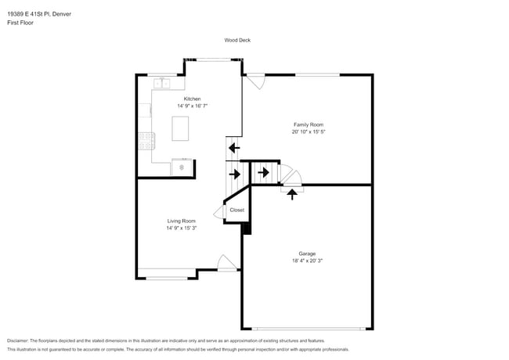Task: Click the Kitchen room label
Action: (x=192, y=99)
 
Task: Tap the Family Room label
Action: (x=309, y=124)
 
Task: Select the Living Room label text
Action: (x=182, y=221)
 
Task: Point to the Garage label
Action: (x=307, y=254)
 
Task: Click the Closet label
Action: (x=237, y=210)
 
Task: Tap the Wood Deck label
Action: (x=237, y=40)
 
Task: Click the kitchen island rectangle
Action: (x=180, y=128)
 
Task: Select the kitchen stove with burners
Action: (x=146, y=141)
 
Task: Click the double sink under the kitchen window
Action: (x=161, y=84)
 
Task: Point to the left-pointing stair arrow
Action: (x=234, y=148)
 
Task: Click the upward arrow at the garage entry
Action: (x=292, y=194)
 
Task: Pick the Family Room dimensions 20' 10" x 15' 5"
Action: (x=309, y=131)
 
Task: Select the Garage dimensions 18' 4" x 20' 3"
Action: (x=307, y=261)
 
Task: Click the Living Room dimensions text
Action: (x=182, y=228)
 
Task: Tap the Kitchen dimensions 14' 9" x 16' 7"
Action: (x=192, y=106)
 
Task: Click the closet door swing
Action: (x=219, y=211)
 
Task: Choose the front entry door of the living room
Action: (x=227, y=263)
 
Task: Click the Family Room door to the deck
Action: (x=256, y=81)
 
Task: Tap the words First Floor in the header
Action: (x=20, y=23)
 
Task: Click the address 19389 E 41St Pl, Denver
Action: (x=39, y=14)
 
